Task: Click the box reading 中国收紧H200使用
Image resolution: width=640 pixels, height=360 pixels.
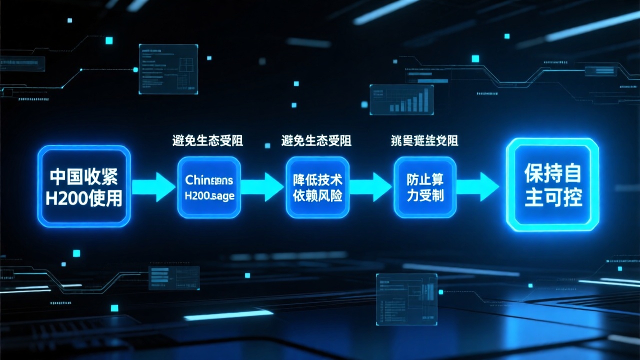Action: click(84, 186)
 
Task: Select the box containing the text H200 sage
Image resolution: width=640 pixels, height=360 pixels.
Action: click(209, 187)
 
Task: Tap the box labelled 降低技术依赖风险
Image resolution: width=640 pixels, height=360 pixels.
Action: click(317, 187)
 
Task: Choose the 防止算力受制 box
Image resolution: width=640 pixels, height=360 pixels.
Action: click(425, 187)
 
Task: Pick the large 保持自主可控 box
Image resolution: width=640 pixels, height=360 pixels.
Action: click(552, 185)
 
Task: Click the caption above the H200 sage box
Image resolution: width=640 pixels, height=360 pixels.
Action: click(207, 141)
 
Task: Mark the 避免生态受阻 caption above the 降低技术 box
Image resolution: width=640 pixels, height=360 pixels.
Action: click(316, 141)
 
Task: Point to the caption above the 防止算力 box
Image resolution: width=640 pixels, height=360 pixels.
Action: click(424, 141)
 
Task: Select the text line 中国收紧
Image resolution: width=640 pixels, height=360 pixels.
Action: click(84, 176)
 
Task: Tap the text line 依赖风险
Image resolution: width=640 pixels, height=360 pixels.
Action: click(317, 195)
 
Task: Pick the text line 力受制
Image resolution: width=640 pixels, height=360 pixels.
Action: click(425, 195)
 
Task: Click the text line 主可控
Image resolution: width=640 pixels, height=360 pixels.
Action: click(553, 197)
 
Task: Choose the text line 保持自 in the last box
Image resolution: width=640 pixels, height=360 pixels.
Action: click(553, 174)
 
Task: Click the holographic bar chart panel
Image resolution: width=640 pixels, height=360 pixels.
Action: click(401, 99)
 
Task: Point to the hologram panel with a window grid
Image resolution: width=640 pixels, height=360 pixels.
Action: click(168, 69)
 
